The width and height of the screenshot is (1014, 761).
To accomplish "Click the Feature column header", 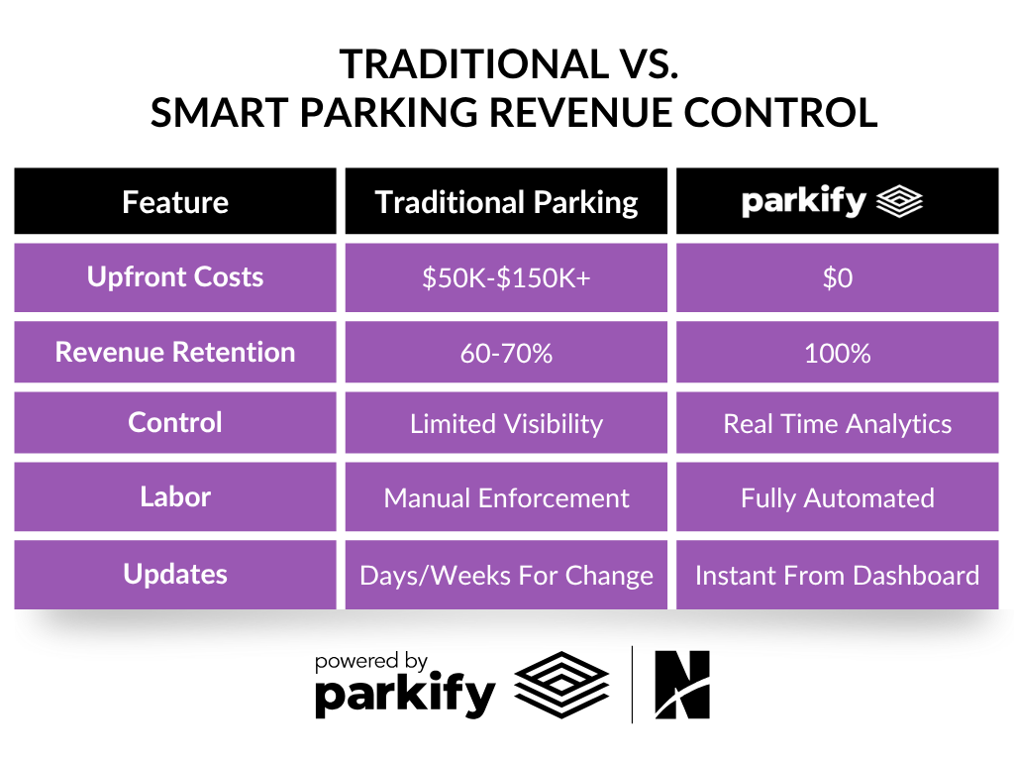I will [x=175, y=202].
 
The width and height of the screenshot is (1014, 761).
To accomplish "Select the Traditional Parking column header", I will [x=506, y=202].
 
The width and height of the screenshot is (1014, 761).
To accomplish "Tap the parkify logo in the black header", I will [x=833, y=202].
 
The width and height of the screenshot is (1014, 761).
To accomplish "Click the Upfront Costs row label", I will [x=175, y=277].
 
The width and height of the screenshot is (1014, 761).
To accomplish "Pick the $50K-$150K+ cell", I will [x=506, y=278].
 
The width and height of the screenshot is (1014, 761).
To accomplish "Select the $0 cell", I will [x=837, y=278].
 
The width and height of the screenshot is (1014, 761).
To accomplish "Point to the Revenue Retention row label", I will [x=175, y=353].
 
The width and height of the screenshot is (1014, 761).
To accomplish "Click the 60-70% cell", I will [x=506, y=353].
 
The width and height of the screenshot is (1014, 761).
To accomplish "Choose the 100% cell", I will [x=837, y=353].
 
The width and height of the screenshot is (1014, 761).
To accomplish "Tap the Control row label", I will [x=175, y=423].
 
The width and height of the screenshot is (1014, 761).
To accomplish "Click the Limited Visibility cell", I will [x=506, y=424].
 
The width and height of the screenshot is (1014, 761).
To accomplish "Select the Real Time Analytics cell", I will [x=837, y=424].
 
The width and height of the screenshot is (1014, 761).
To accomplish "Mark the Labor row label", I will [x=175, y=496].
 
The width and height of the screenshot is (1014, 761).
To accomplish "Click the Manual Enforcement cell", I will [x=506, y=497].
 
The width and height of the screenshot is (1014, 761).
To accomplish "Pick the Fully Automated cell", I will [x=837, y=497].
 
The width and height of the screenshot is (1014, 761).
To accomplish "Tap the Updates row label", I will [x=175, y=574].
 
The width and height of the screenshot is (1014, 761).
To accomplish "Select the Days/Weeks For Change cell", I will [x=506, y=575].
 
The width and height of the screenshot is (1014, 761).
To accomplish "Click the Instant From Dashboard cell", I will [x=837, y=575].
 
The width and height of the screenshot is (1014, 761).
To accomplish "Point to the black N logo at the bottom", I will [x=682, y=685].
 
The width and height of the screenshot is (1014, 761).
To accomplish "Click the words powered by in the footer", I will [x=370, y=661].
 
